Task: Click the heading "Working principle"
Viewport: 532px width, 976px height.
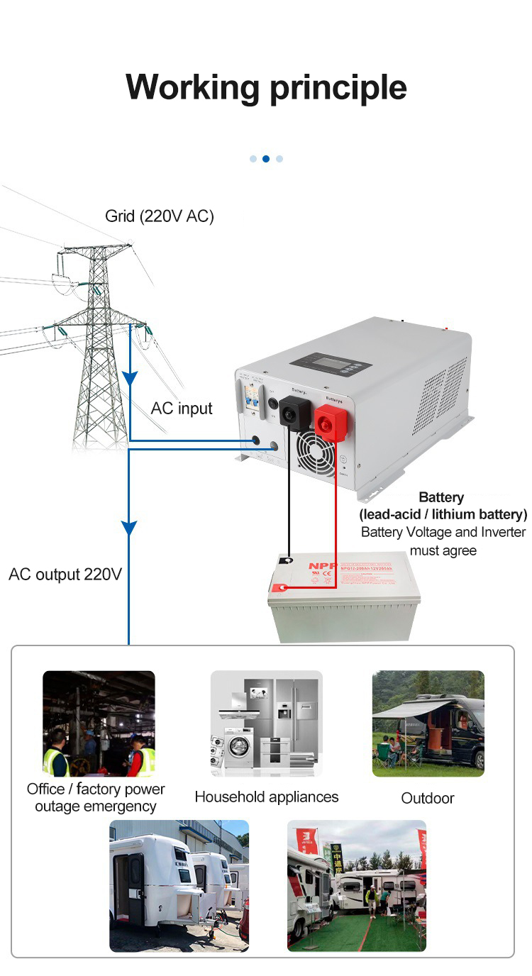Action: pos(266,88)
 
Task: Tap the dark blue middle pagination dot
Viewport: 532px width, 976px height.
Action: pos(266,159)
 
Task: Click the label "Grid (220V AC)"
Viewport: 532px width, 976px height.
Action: pos(160,216)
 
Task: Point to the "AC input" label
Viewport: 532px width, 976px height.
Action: pos(182,409)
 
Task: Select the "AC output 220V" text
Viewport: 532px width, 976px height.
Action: pos(65,574)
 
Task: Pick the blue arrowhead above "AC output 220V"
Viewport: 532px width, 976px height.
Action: pos(128,528)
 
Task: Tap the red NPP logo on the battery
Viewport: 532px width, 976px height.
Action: pos(318,566)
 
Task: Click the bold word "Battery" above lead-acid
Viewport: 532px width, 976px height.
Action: pos(441,497)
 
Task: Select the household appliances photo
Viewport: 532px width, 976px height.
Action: pos(266,723)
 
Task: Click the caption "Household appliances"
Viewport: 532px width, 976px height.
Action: pos(266,797)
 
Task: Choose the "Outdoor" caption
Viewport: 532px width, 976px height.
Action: pos(427,798)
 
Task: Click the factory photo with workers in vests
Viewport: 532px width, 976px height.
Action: pos(99,723)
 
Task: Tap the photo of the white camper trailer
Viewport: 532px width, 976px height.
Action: pos(179,885)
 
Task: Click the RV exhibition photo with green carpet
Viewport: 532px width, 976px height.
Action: pos(357,885)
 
